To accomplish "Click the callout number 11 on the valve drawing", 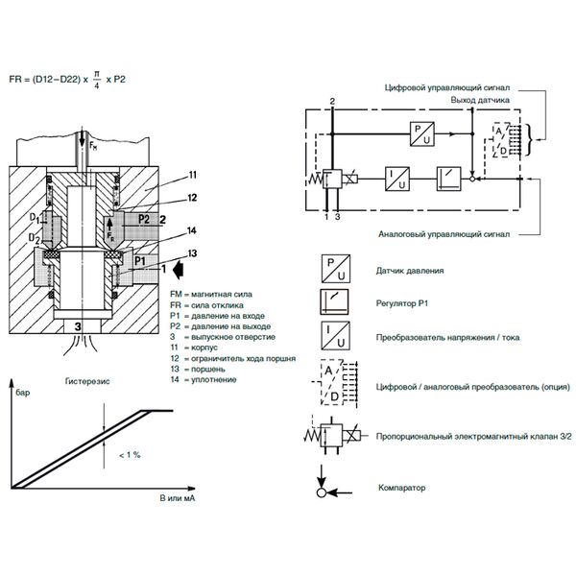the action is click(193, 175).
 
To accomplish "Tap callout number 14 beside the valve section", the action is click(192, 230).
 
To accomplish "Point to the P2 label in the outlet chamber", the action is click(144, 219).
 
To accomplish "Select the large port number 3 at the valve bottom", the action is click(78, 326).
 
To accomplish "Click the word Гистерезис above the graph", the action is click(87, 381).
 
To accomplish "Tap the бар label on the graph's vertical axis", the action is click(23, 393).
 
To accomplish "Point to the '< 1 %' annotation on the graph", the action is click(130, 455).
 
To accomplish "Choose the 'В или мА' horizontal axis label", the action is click(178, 498).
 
